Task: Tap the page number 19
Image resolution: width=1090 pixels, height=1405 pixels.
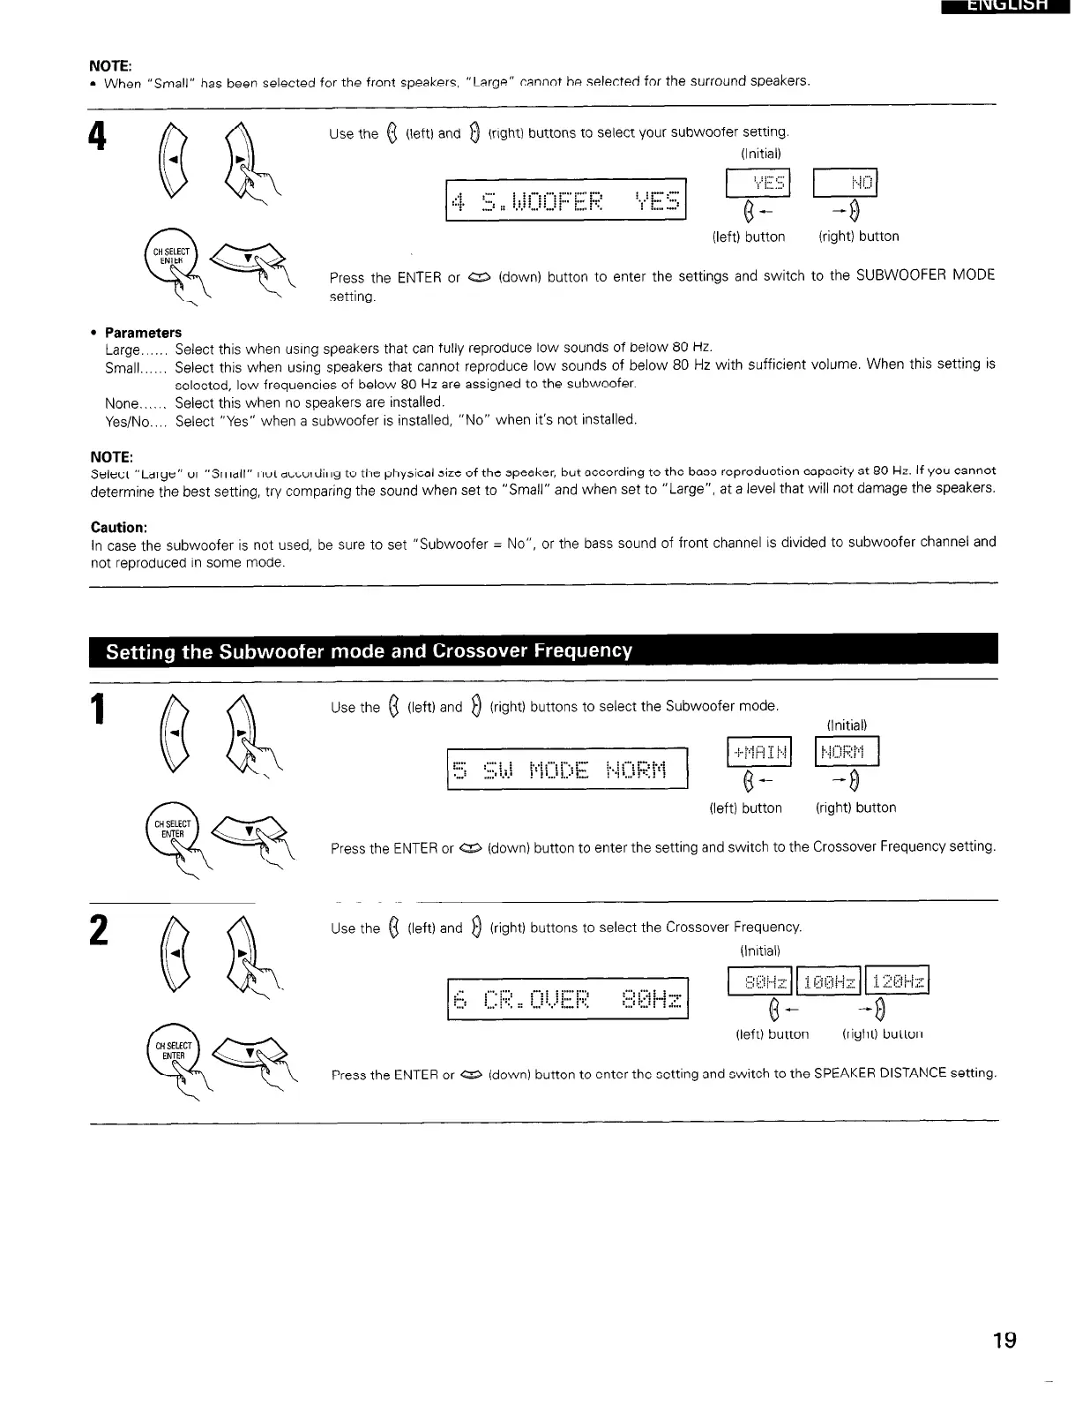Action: pos(1004,1341)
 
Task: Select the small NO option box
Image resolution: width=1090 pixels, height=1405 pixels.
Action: pos(845,183)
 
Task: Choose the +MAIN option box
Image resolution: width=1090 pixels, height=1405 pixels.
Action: pos(759,753)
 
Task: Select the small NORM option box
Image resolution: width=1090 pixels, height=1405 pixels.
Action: pos(847,753)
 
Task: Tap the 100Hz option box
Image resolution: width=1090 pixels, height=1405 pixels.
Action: pos(829,981)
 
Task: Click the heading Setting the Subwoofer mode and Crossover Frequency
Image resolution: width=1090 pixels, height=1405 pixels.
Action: pos(369,651)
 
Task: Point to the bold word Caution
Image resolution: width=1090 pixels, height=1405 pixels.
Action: pos(119,527)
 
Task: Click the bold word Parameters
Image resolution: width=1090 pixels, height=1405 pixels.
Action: pos(143,333)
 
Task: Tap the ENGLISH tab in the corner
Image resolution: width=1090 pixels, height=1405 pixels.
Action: pos(1004,7)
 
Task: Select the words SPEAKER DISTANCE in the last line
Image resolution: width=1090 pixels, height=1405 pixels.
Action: pos(891,1073)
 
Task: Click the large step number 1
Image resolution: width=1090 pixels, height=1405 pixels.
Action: pos(99,709)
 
